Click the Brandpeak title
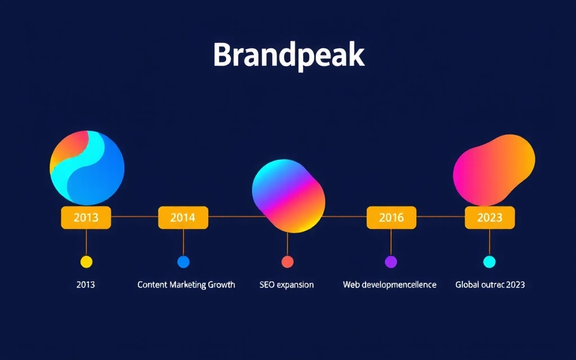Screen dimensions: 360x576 tap(289, 55)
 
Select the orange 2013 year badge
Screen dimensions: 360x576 tap(86, 218)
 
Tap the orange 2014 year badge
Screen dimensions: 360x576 tap(183, 218)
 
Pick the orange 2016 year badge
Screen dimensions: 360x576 tap(391, 218)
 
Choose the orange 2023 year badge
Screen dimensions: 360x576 tap(489, 218)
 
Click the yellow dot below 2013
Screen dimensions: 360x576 tap(86, 262)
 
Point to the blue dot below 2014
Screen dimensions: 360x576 tap(183, 262)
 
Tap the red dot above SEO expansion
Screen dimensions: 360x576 tap(287, 262)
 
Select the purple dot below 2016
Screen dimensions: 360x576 tap(391, 262)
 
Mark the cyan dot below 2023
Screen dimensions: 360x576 tap(489, 262)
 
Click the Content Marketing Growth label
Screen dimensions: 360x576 tap(186, 285)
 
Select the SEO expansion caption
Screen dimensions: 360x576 tap(287, 285)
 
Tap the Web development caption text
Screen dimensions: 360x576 tap(389, 285)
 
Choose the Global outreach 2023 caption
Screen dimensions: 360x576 tap(490, 285)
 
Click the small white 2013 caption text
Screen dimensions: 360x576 tap(85, 285)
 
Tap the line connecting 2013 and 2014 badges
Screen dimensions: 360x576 tap(135, 216)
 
